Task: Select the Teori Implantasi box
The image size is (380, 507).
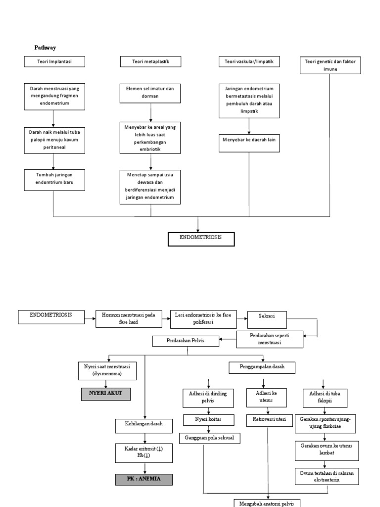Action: pos(54,61)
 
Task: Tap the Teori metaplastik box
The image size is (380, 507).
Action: pos(150,61)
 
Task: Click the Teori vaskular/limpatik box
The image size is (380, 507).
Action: pos(249,61)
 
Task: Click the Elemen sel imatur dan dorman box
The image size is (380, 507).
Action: pos(150,93)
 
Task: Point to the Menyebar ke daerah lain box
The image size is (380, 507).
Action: pos(249,140)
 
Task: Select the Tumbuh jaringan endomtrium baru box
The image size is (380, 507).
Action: pos(53,179)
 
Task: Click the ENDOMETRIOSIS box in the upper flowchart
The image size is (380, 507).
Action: pos(199,239)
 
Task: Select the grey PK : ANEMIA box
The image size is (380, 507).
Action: pos(144,479)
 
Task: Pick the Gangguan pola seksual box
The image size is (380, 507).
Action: pos(209,438)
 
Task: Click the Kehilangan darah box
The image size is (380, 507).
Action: pos(144,425)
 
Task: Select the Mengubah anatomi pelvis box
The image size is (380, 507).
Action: pos(268,502)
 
